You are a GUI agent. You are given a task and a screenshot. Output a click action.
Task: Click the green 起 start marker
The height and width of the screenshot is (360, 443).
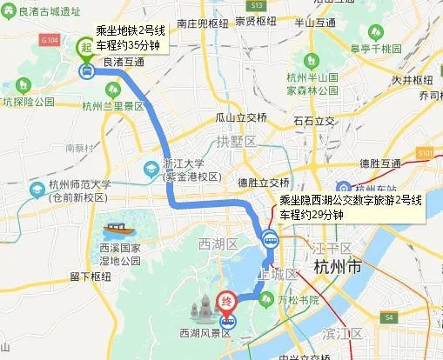[87, 47]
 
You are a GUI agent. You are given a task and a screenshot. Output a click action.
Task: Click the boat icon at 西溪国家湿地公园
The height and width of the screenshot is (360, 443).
[115, 230]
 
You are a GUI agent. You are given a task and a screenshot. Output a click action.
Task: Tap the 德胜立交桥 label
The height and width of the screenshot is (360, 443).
[264, 183]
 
